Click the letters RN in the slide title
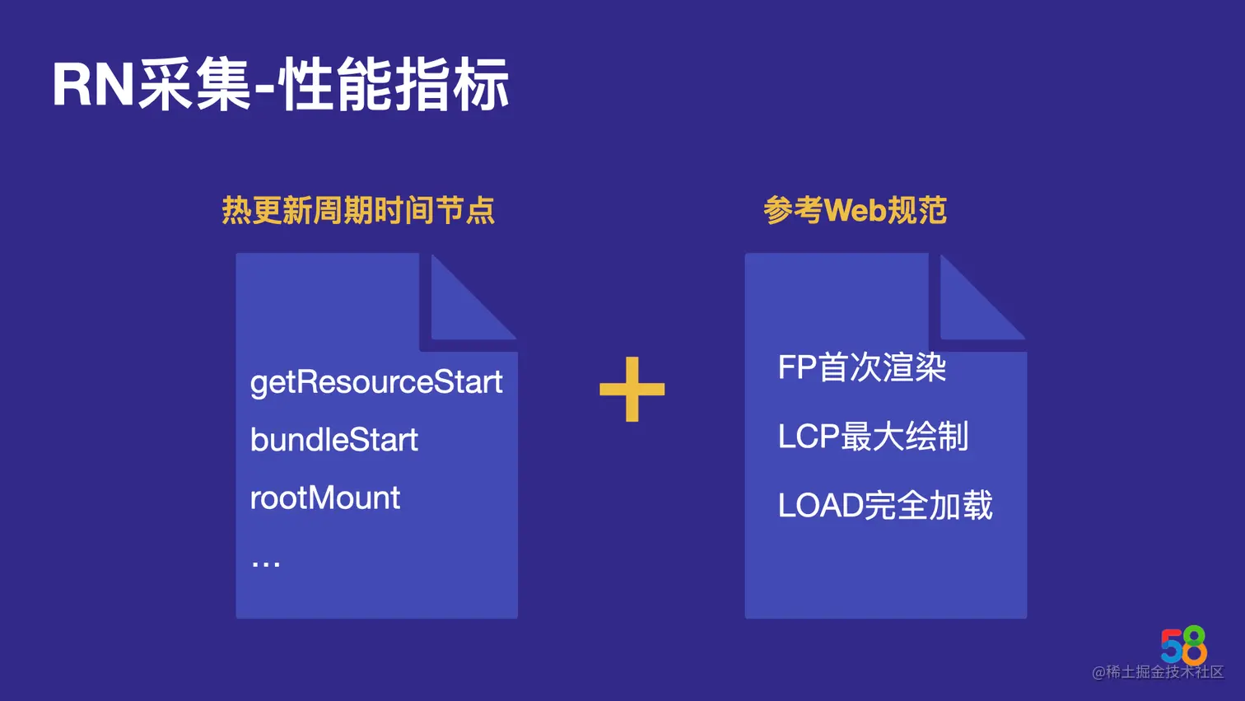click(x=93, y=85)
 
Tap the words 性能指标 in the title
click(x=394, y=85)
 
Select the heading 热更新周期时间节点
click(x=358, y=211)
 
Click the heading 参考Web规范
click(x=855, y=211)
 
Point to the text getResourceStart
click(x=376, y=382)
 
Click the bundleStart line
click(x=334, y=440)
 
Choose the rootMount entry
click(x=325, y=498)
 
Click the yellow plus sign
click(x=632, y=389)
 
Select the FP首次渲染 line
click(x=862, y=367)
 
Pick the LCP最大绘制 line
click(x=873, y=437)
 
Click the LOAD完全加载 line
click(x=885, y=505)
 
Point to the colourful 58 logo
click(x=1184, y=645)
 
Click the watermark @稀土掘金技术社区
click(x=1158, y=672)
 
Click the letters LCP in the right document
click(x=809, y=437)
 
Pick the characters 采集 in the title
click(x=194, y=85)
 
